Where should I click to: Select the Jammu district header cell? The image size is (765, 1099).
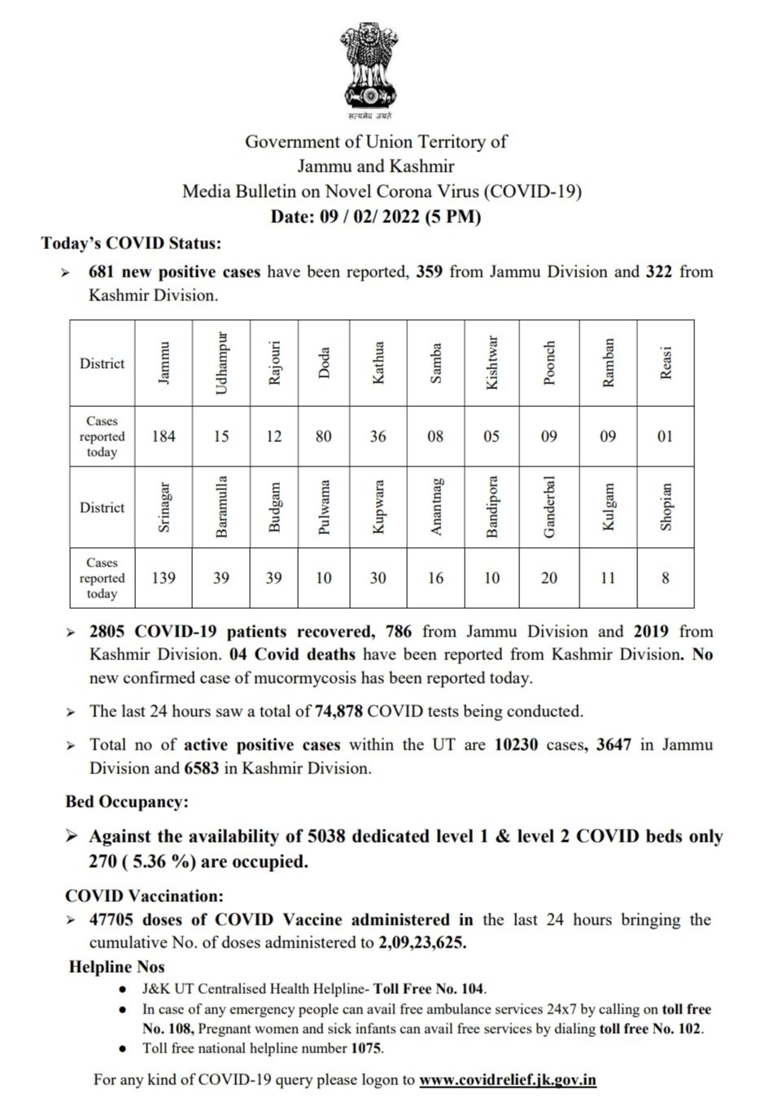[164, 363]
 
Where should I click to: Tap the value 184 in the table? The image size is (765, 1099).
[164, 436]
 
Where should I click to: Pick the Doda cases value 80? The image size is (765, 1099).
[323, 436]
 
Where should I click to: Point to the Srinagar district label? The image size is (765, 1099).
[164, 506]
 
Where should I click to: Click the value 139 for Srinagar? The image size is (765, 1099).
[164, 578]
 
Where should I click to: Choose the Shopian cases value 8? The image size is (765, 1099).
[666, 578]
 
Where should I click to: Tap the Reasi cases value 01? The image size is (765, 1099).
[666, 436]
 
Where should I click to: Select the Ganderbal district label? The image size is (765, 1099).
[549, 506]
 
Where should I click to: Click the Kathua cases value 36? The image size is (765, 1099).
[378, 436]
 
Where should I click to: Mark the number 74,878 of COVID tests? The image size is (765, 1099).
[339, 711]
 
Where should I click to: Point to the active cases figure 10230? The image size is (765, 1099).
[516, 744]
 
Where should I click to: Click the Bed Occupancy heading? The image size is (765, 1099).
[126, 802]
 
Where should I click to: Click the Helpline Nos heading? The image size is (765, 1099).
[117, 967]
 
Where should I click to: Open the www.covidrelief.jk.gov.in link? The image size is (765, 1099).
[508, 1080]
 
